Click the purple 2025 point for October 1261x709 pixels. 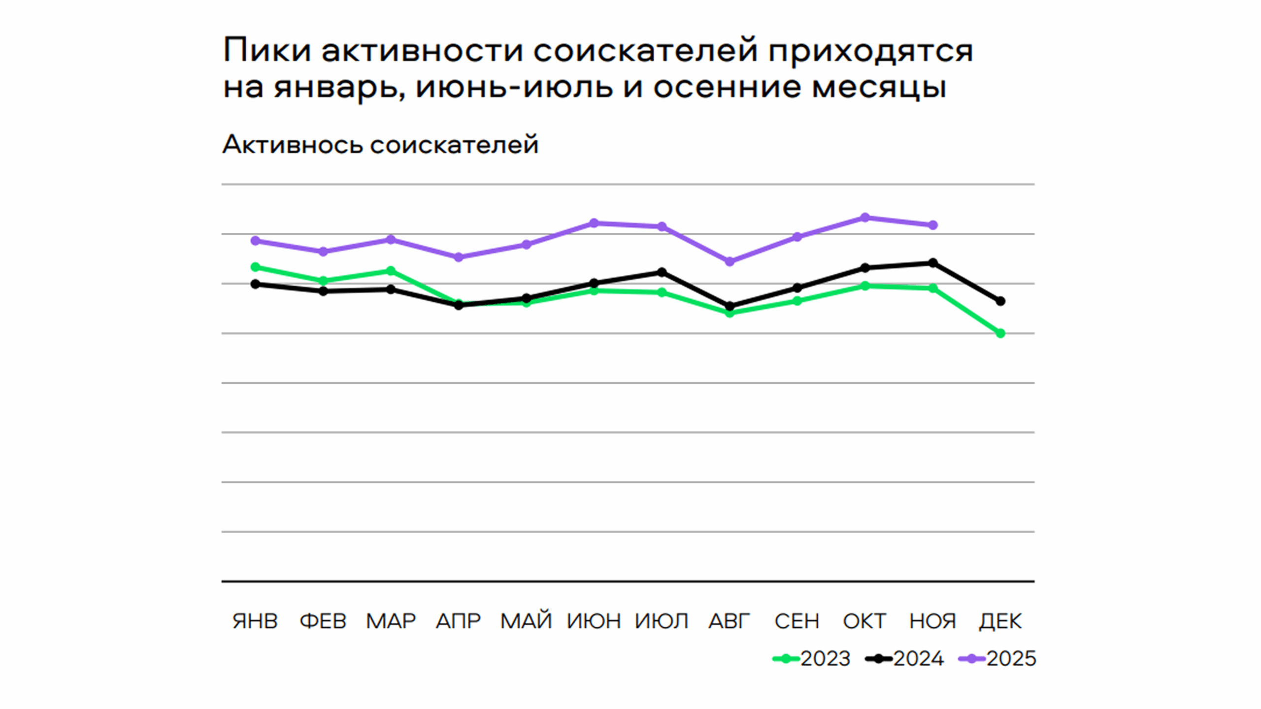(x=865, y=218)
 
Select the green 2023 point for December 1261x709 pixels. (x=1000, y=333)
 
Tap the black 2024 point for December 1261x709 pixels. (x=1000, y=301)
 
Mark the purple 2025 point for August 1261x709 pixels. (x=730, y=261)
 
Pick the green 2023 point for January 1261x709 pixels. (x=255, y=267)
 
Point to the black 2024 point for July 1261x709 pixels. (x=662, y=272)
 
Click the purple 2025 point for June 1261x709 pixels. (x=594, y=223)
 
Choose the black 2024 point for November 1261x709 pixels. (x=933, y=263)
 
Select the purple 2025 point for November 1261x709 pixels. (x=933, y=225)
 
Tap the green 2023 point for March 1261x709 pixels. (x=391, y=271)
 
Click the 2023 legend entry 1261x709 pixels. (x=813, y=659)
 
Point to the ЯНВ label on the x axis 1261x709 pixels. (x=255, y=621)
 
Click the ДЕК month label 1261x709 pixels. (x=1000, y=621)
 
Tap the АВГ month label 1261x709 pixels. (x=730, y=621)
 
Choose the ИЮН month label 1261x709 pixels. (x=594, y=621)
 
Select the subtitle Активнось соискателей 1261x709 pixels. (x=380, y=145)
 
